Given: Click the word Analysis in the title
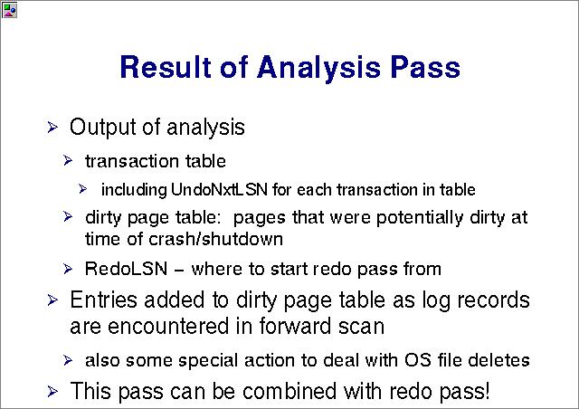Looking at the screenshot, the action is (319, 68).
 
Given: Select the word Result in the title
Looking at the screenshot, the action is (166, 67).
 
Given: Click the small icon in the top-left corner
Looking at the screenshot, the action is (9, 10).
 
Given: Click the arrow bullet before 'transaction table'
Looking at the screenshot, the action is (68, 161).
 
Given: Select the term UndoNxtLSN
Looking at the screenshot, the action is (219, 189).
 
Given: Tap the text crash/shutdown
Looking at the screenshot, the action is (215, 239).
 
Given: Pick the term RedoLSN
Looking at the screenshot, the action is (126, 269).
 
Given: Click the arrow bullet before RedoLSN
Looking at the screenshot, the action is (68, 269).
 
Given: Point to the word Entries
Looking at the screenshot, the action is (103, 300).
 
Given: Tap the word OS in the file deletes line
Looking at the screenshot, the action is (418, 360).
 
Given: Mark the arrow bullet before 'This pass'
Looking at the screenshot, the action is (52, 391).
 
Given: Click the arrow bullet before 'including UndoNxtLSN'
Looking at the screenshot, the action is (82, 189).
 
